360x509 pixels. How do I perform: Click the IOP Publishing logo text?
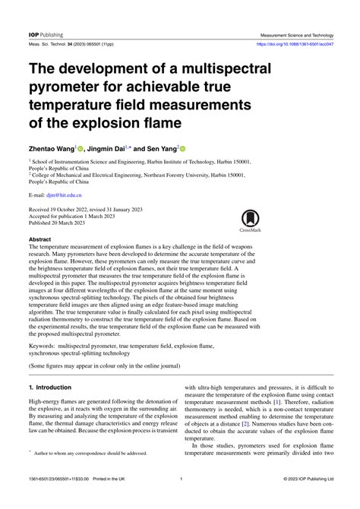tap(46, 35)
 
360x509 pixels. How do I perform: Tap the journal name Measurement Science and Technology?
tap(297, 35)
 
